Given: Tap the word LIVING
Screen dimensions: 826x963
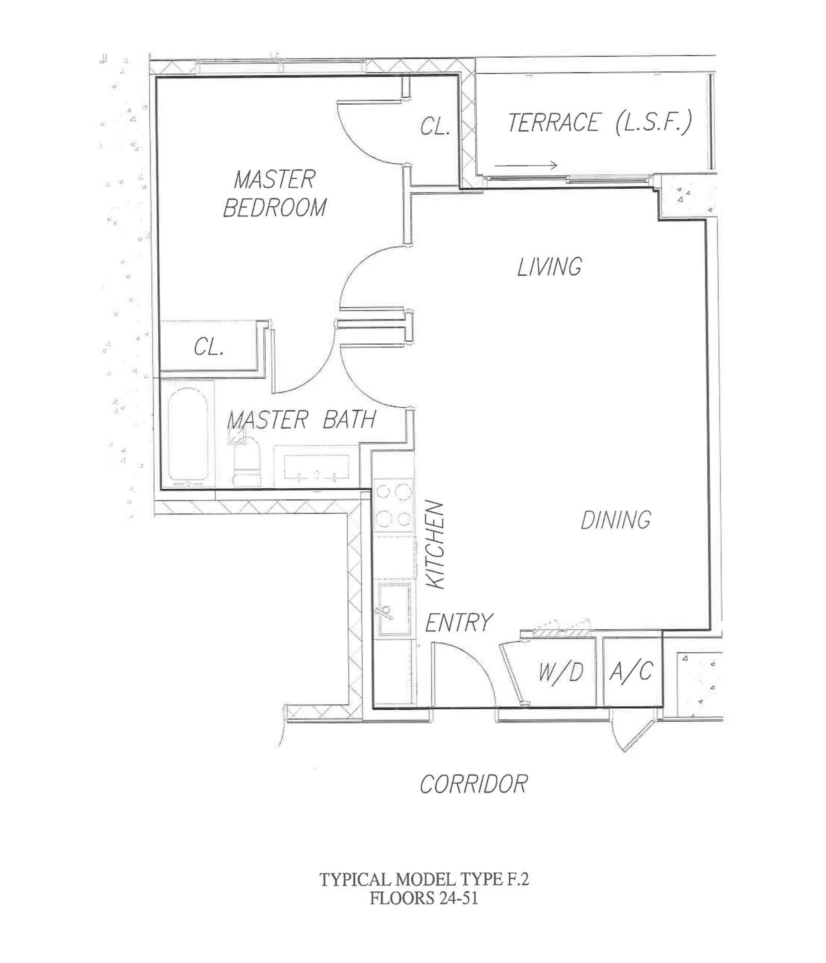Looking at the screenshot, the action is [549, 267].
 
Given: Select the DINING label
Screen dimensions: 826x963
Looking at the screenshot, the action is [615, 519].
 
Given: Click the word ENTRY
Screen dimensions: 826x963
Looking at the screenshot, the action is [458, 623].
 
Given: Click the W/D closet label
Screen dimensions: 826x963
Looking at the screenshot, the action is [561, 672].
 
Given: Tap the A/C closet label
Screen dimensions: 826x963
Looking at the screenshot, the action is [631, 671].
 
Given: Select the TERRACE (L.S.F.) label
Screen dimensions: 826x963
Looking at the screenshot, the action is [600, 123].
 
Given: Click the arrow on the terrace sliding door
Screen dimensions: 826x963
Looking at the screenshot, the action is [526, 165].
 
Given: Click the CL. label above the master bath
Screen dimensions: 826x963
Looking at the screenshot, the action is [209, 347].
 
